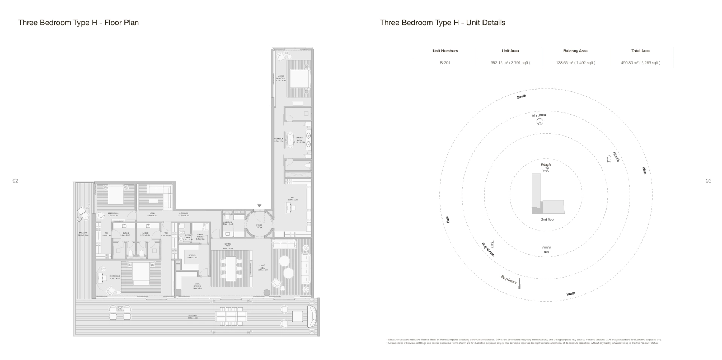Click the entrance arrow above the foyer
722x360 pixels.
pos(259,206)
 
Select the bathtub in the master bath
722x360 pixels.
pos(290,139)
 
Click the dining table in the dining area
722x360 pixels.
pos(231,268)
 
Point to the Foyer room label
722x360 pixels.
pos(259,226)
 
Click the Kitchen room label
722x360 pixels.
pos(192,256)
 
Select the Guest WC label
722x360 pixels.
pos(228,223)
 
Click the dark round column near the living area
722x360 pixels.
pos(267,292)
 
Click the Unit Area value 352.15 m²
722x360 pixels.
pos(510,63)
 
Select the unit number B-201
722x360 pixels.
pos(445,63)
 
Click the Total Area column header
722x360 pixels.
pos(640,51)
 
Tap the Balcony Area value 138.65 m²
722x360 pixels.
pos(575,63)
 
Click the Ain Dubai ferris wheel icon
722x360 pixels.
pos(540,122)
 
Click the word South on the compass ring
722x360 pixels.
pos(521,97)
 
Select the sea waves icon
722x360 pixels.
pos(546,248)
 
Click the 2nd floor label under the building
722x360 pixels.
pos(548,220)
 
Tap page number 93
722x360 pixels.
pos(708,181)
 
